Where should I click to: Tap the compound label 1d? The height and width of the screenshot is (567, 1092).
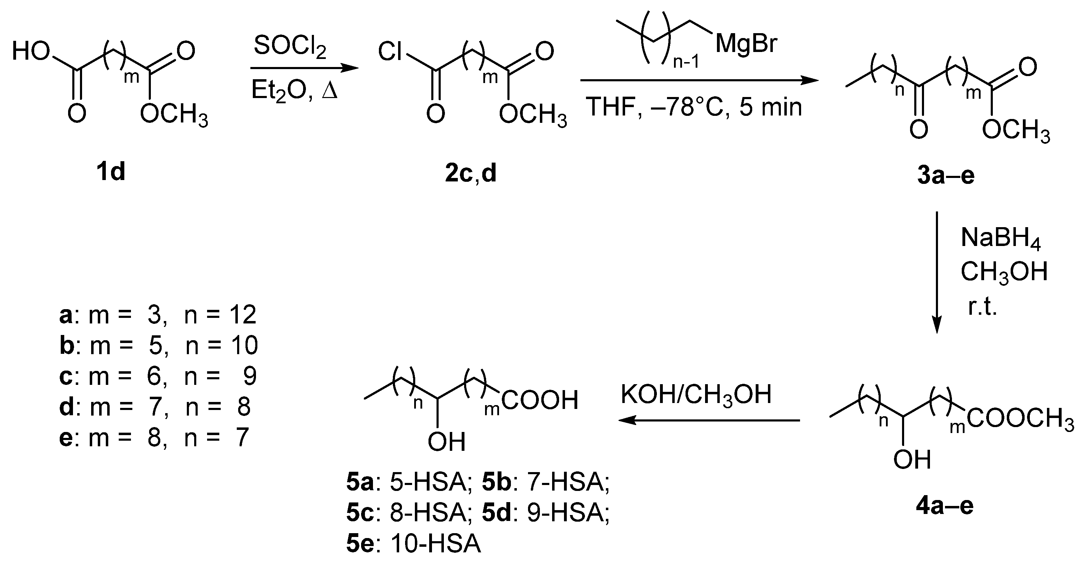[111, 172]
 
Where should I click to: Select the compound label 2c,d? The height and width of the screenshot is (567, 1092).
[470, 174]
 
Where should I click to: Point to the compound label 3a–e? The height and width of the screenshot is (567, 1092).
[946, 176]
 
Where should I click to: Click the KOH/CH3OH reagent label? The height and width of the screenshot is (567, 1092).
[696, 395]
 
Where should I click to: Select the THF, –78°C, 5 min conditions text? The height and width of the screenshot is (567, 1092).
[694, 107]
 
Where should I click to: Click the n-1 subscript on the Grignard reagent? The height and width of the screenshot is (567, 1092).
[686, 63]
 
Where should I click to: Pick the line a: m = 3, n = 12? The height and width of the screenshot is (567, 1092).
[158, 315]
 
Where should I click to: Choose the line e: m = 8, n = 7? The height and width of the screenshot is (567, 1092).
[153, 438]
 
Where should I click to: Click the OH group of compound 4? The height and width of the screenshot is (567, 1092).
[912, 460]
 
